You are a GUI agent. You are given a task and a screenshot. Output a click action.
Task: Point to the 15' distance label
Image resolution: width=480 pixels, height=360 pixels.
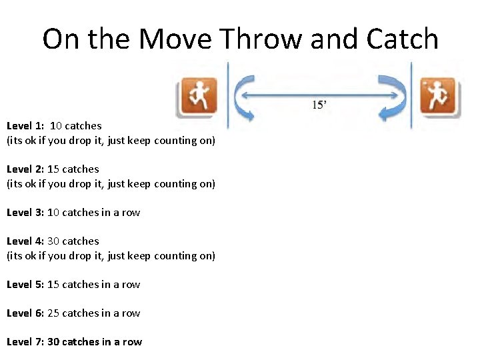[x=320, y=105]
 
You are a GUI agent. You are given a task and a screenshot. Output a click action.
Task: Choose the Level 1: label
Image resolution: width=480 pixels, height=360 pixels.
[x=25, y=126]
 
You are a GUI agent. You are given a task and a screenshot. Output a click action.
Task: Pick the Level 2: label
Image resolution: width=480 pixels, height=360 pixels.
[x=25, y=169]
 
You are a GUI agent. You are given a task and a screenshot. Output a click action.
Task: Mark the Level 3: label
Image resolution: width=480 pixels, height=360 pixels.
[x=25, y=213]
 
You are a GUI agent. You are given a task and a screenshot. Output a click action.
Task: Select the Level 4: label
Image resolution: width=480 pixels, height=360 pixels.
[x=25, y=241]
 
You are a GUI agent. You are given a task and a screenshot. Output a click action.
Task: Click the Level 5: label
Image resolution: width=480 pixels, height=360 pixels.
[x=25, y=285]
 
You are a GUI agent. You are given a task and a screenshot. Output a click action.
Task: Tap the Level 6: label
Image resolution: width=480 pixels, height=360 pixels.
[x=25, y=313]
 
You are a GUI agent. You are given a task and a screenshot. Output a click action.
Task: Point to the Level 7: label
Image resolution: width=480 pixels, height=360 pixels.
[x=25, y=342]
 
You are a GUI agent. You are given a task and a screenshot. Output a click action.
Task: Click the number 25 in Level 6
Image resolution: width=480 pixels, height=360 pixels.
[x=53, y=313]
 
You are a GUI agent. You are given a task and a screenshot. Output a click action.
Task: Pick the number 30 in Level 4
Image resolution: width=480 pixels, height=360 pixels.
[x=53, y=241]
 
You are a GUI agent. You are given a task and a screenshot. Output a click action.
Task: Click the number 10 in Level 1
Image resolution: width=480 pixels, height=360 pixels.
[x=56, y=126]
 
